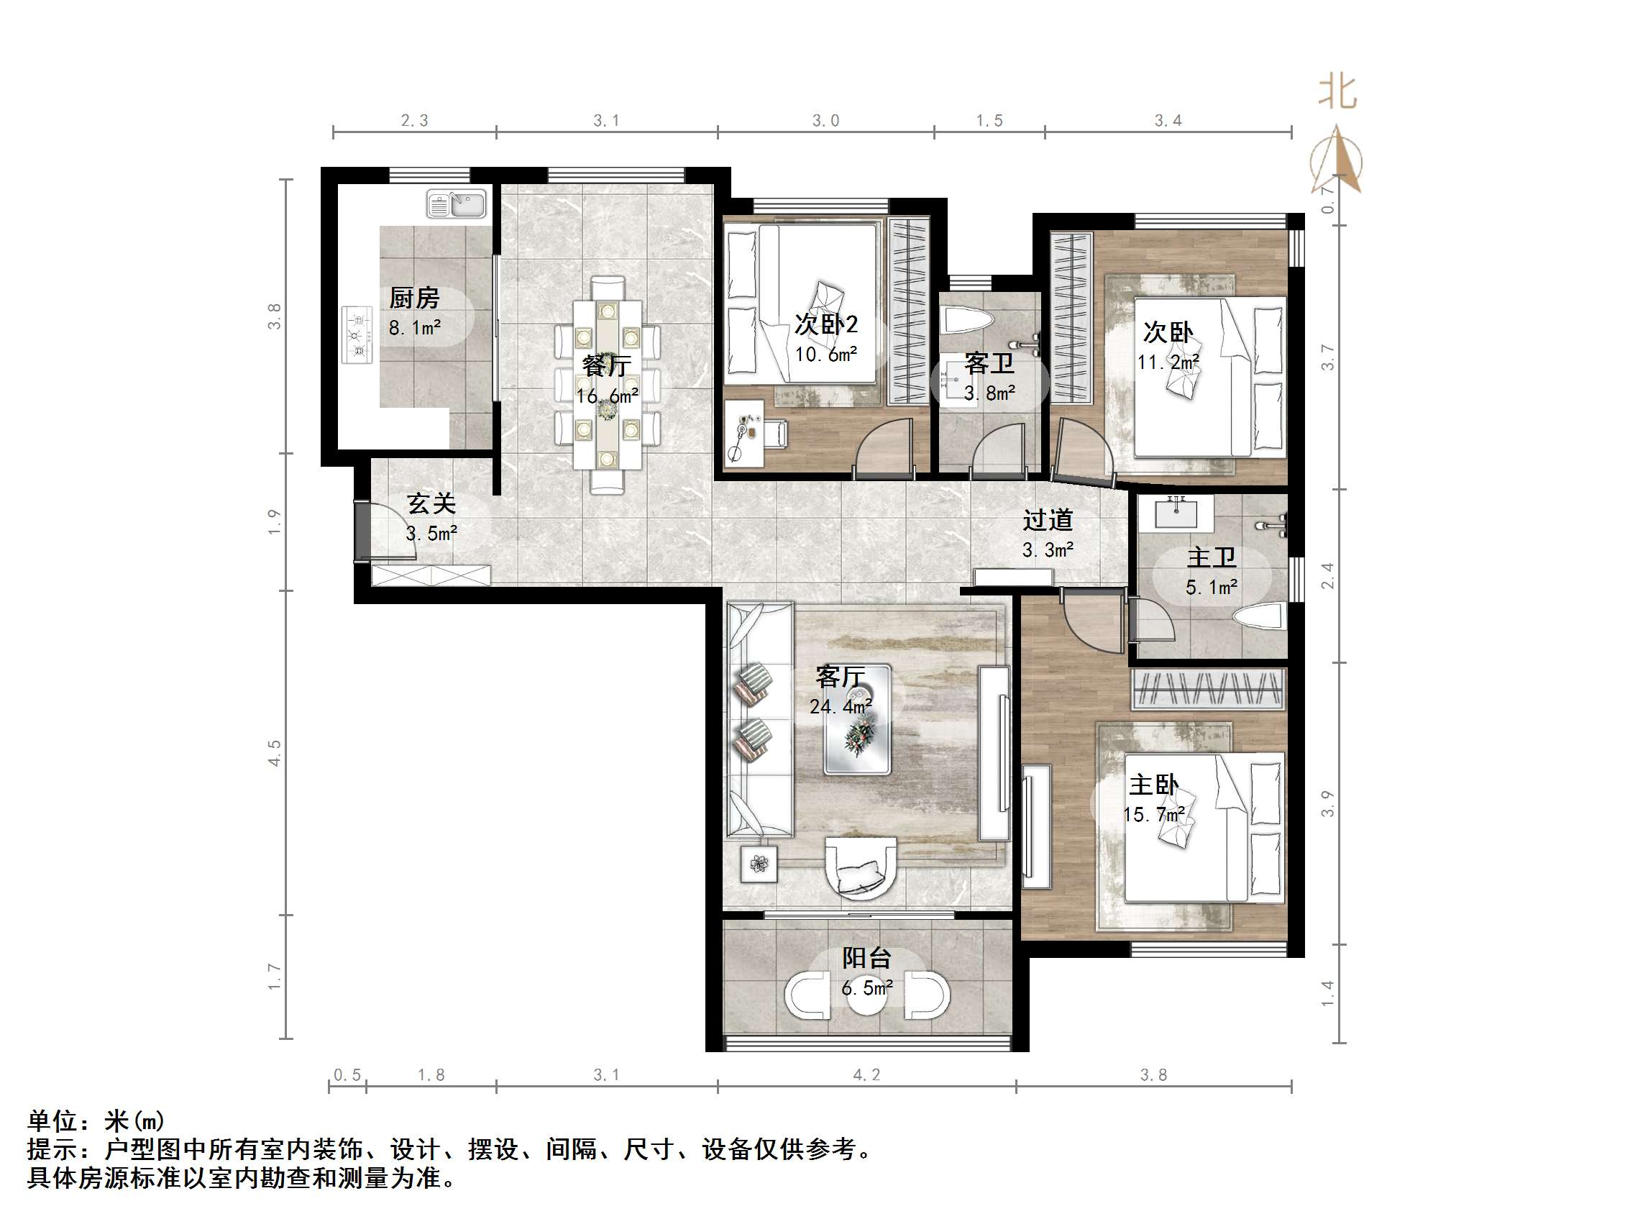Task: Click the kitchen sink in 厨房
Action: (456, 204)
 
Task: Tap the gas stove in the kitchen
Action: (358, 336)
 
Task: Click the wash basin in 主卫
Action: (1176, 512)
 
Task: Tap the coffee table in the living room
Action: (857, 720)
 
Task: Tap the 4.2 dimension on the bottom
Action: (866, 1075)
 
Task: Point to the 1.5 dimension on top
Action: (989, 121)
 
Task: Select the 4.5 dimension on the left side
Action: (274, 753)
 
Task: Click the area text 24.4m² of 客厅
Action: (841, 706)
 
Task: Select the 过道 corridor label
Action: (1048, 520)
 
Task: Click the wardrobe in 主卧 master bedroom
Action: (1208, 690)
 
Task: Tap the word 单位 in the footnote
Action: (53, 1121)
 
